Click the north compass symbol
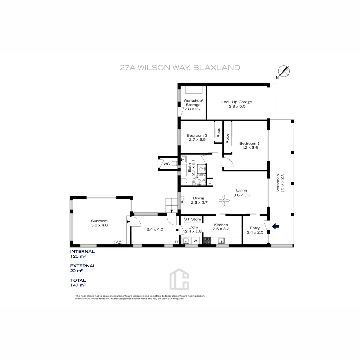[x=284, y=71]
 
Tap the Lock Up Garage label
[x=236, y=102]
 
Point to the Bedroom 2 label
[x=197, y=135]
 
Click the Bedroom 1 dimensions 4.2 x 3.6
[x=248, y=147]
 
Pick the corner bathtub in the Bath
[x=199, y=180]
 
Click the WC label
[x=167, y=164]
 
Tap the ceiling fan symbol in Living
[x=224, y=200]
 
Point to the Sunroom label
[x=99, y=221]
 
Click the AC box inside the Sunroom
[x=118, y=242]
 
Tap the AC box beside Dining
[x=182, y=200]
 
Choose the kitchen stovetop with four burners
[x=207, y=241]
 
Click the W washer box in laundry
[x=195, y=241]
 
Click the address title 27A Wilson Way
[x=180, y=68]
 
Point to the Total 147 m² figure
[x=78, y=285]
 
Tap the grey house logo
[x=179, y=279]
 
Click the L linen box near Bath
[x=210, y=182]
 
